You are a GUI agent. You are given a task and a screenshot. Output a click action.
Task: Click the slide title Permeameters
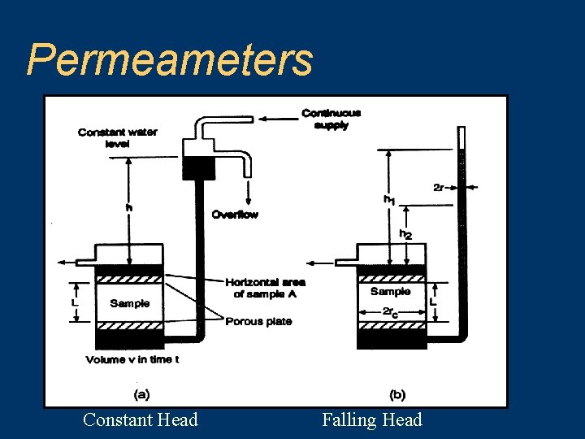coord(170,59)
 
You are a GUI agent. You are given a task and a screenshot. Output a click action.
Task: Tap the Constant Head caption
coord(141,419)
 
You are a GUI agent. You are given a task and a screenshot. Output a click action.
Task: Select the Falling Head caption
coord(372,419)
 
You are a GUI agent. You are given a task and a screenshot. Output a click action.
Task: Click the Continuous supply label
coord(331,119)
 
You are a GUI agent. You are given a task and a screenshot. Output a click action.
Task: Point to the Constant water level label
coord(118,137)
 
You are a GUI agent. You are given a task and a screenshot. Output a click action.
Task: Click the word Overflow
coord(235,215)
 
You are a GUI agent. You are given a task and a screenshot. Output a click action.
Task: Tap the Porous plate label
coord(258,321)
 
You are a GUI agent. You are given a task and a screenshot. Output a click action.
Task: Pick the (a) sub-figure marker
coord(141,394)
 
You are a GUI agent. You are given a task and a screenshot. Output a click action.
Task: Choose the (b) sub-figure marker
coord(397,394)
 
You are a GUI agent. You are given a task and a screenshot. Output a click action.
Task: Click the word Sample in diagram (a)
coord(130,303)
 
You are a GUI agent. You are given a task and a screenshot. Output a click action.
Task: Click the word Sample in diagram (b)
coord(391,292)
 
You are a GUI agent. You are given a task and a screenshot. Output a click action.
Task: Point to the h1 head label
coord(391,199)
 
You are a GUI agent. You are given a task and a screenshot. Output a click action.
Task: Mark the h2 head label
coord(405,234)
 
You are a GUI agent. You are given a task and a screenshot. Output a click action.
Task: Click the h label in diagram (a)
coord(128,208)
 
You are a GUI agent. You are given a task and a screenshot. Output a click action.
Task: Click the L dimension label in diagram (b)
coord(433,302)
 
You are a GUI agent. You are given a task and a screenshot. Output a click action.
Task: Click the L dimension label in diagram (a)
coord(75,302)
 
